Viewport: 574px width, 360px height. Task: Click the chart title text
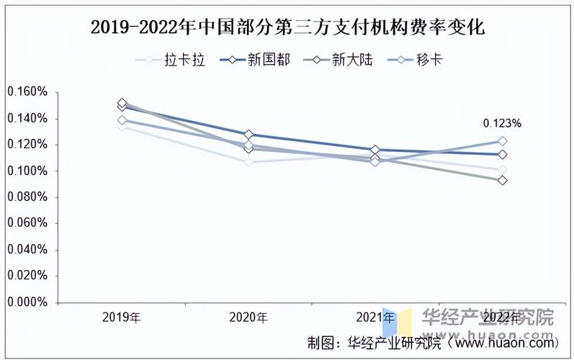(x=287, y=28)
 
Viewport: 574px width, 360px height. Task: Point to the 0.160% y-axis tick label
(x=27, y=92)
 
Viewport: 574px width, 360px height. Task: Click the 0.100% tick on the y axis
(x=27, y=171)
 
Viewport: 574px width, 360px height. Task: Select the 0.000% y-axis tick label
(x=27, y=303)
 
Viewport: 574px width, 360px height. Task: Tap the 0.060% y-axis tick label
(x=27, y=224)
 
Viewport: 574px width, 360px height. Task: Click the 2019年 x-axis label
(x=122, y=317)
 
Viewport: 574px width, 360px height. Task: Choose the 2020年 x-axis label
(x=248, y=317)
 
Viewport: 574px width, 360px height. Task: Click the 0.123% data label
(x=503, y=124)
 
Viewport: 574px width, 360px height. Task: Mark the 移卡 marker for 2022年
(x=502, y=141)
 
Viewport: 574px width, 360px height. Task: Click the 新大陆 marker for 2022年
(x=502, y=180)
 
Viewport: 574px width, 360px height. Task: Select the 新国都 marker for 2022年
(x=502, y=154)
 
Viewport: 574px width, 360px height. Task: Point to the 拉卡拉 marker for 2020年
(x=248, y=163)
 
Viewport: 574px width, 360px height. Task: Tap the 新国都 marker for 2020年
(x=248, y=135)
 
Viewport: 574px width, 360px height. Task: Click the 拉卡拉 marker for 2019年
(x=122, y=127)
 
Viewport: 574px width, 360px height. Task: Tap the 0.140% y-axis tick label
(x=27, y=119)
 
